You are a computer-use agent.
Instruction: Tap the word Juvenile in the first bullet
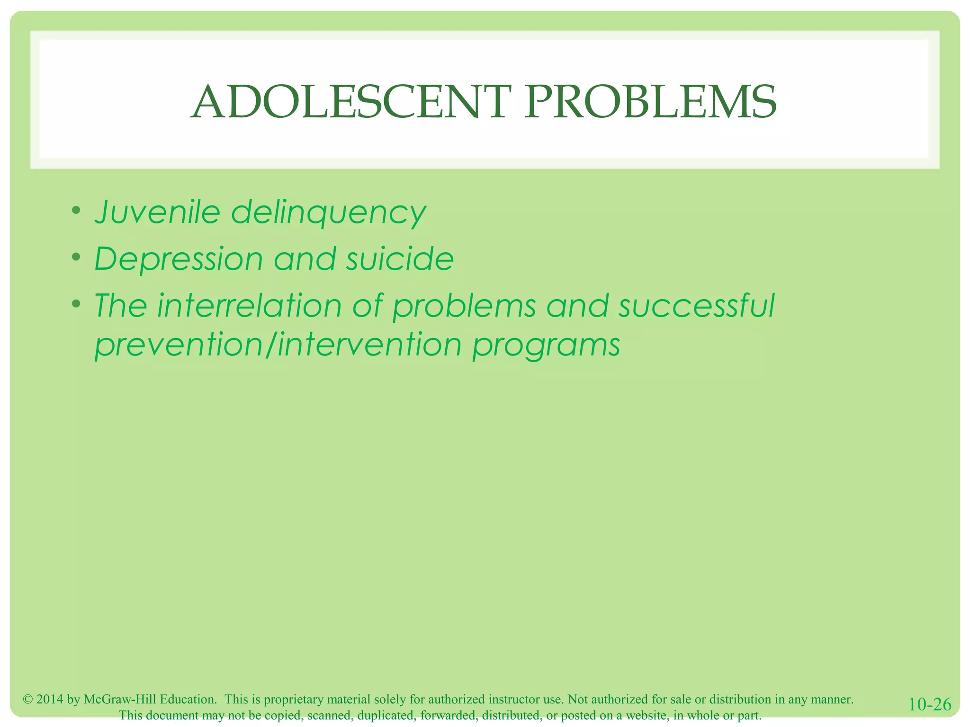click(157, 212)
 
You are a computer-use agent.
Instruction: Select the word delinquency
click(329, 213)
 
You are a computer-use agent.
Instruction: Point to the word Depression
click(179, 259)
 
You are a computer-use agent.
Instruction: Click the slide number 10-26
click(930, 704)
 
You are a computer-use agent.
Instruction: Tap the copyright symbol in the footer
click(27, 699)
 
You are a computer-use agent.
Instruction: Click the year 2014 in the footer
click(50, 699)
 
